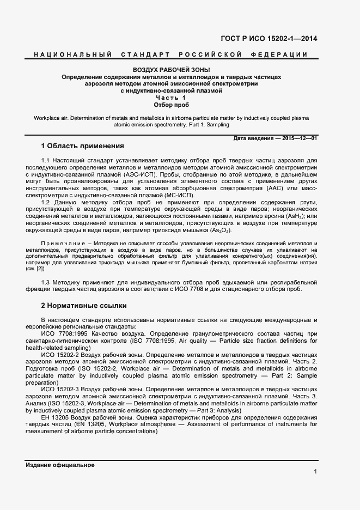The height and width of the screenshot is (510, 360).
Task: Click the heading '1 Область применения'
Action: [x=82, y=146]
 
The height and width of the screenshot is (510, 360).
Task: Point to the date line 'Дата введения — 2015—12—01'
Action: [x=275, y=139]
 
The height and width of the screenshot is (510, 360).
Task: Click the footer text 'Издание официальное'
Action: [x=60, y=465]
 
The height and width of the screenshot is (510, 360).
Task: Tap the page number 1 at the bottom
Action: [x=315, y=472]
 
